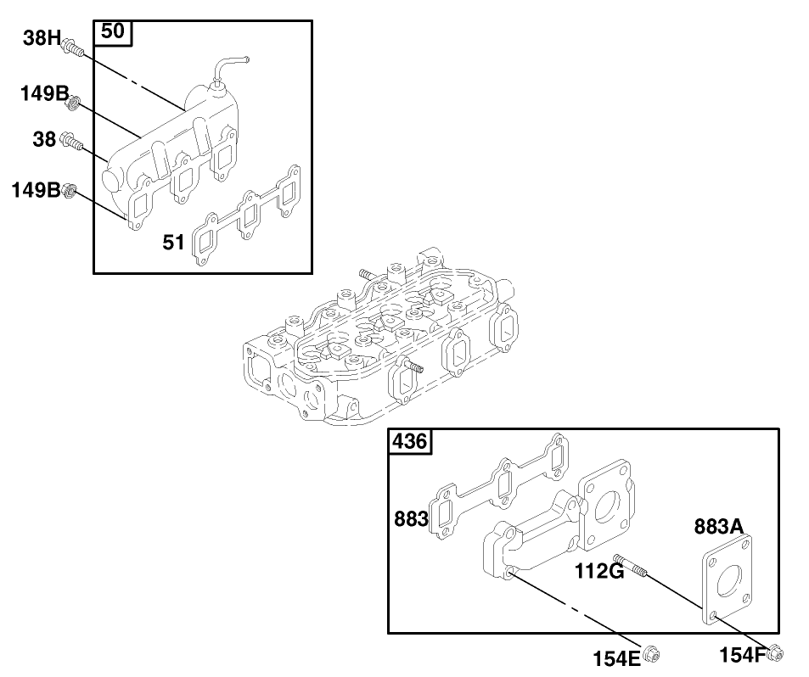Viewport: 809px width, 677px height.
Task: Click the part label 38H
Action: point(42,37)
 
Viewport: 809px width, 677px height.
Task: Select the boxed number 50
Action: point(113,32)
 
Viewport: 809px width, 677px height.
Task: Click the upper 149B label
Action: point(44,93)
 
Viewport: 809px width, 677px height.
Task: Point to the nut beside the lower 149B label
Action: point(70,191)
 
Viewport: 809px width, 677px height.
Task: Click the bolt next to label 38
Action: point(74,143)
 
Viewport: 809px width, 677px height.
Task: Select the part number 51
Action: point(173,243)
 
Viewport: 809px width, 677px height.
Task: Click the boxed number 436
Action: point(409,441)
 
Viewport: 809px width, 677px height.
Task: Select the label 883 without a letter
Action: point(411,518)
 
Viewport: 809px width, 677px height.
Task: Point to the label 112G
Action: point(599,571)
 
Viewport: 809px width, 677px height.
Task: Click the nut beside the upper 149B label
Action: point(74,104)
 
